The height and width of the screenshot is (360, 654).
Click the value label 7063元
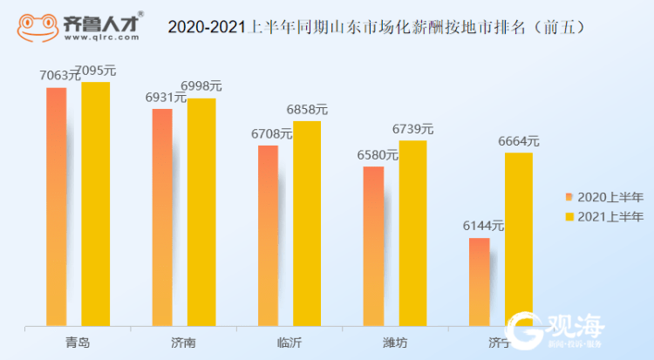[x=59, y=76]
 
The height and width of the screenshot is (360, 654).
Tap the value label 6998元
[x=201, y=86]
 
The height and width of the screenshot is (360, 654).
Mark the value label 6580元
[x=378, y=154]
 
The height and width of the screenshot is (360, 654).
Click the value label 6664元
[x=519, y=140]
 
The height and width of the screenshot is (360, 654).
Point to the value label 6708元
[x=271, y=133]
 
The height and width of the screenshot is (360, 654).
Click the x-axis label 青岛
[x=77, y=343]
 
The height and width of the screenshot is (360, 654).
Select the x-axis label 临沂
[x=289, y=343]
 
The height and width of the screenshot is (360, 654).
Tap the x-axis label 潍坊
[x=394, y=343]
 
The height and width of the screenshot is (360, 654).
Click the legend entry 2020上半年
[x=604, y=196]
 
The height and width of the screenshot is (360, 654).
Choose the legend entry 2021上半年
[x=604, y=215]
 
